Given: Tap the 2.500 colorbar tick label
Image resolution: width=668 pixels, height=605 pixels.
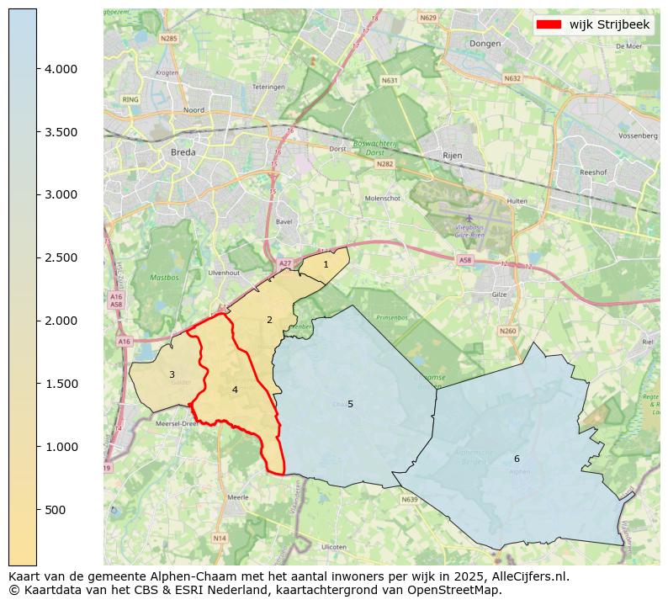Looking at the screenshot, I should [x=61, y=257].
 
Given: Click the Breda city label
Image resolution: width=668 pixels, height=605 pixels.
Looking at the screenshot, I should [x=183, y=152].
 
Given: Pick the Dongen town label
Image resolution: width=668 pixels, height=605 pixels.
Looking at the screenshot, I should [x=485, y=43].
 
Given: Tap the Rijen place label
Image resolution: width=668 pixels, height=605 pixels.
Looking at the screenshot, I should [x=453, y=156].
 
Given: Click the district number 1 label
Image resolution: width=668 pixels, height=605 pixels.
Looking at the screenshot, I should [x=326, y=264].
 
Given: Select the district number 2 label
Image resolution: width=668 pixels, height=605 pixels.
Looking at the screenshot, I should [x=269, y=320].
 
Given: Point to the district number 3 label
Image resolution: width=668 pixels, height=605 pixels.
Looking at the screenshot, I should [x=172, y=375].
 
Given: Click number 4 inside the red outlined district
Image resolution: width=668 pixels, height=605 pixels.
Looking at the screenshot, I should [x=235, y=390].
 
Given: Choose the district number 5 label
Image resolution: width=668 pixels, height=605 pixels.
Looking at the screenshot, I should [x=350, y=404].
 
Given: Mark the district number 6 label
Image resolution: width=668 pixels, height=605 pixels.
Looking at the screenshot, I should [x=517, y=459].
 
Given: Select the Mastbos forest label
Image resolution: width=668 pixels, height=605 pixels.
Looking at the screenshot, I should [x=164, y=277].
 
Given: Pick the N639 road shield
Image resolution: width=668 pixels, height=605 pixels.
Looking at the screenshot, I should [x=410, y=499].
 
